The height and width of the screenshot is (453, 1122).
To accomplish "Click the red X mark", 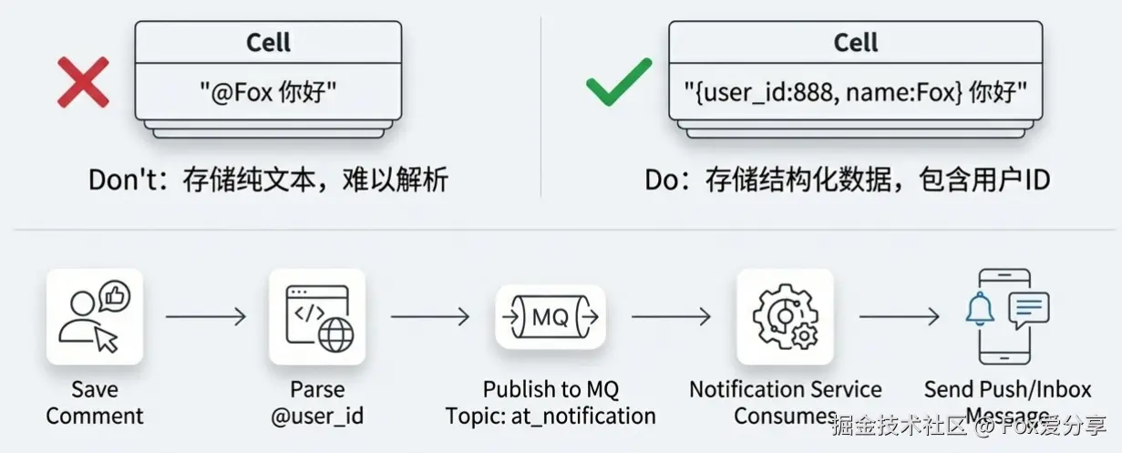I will point(83,82).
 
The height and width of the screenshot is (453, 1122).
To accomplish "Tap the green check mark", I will point(619,82).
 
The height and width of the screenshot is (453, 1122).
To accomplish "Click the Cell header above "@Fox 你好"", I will point(268,42).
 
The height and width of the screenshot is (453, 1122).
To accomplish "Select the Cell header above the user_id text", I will point(856,42).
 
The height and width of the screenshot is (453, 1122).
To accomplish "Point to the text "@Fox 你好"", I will point(268,92).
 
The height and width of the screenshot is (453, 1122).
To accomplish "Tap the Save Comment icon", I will point(94,316).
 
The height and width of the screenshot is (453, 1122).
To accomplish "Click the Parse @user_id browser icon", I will point(317,316).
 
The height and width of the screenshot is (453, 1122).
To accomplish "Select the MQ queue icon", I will point(550,317).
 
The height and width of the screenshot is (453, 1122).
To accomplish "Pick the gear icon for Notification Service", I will point(785,316).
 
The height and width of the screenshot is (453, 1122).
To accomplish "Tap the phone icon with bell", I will point(1005,316).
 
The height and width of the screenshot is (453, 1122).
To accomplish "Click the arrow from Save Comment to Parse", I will point(206,316).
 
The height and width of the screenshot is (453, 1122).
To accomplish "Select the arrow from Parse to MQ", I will point(430,316).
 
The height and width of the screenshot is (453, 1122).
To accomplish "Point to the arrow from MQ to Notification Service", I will point(671,316).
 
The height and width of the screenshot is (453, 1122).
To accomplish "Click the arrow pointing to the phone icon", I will point(899,316).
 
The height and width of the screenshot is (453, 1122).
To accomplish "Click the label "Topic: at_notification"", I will point(551,417).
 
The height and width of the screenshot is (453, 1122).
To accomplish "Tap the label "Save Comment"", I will point(95,403).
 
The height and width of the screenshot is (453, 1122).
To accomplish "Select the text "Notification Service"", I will point(785,390).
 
